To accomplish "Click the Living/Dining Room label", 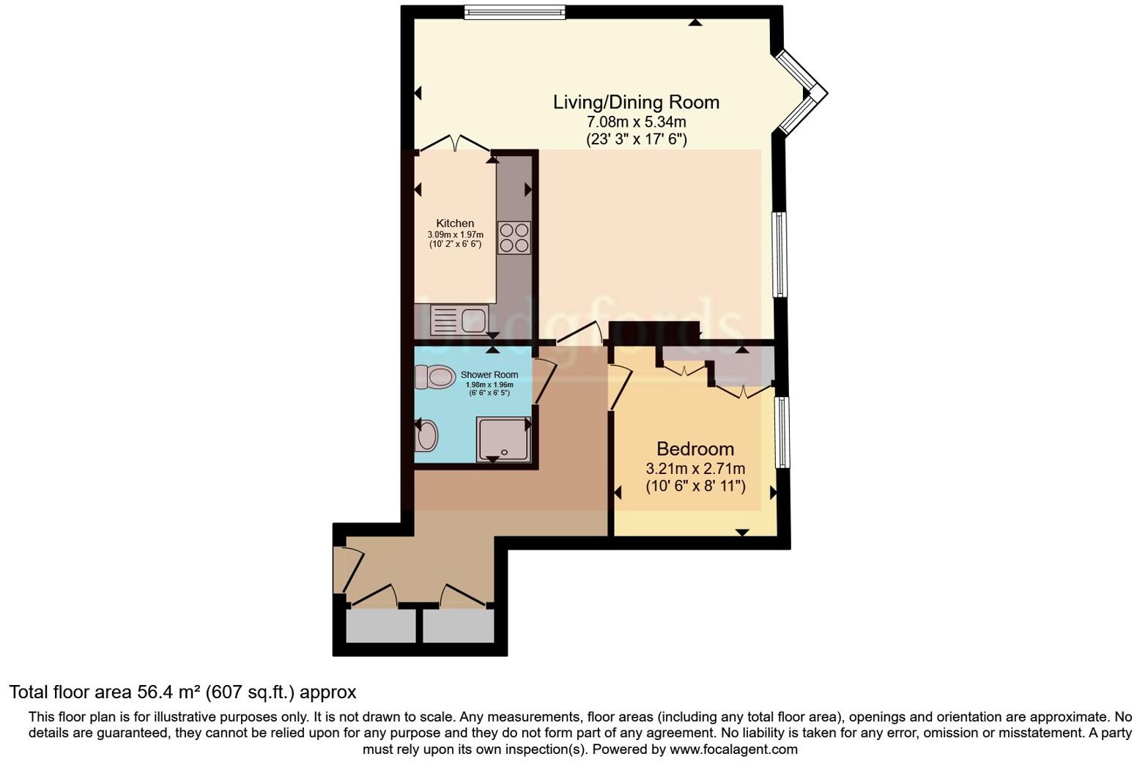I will click(636, 102).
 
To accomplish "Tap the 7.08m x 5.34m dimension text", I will click(636, 122).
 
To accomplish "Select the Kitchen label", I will click(455, 223).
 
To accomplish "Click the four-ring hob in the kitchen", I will click(514, 237).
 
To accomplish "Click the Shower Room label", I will click(489, 374).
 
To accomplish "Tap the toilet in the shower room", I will click(434, 377).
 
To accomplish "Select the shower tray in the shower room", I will click(503, 439).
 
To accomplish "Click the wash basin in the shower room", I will click(426, 437).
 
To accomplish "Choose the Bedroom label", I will click(695, 448).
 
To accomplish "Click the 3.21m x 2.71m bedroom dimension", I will click(695, 469).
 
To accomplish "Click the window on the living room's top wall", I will click(515, 12).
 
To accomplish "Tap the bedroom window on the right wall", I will click(782, 432).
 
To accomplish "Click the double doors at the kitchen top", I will click(454, 144).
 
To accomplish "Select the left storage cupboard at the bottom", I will click(379, 626).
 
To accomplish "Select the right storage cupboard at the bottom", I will click(459, 626).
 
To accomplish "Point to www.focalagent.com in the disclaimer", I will click(733, 750).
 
